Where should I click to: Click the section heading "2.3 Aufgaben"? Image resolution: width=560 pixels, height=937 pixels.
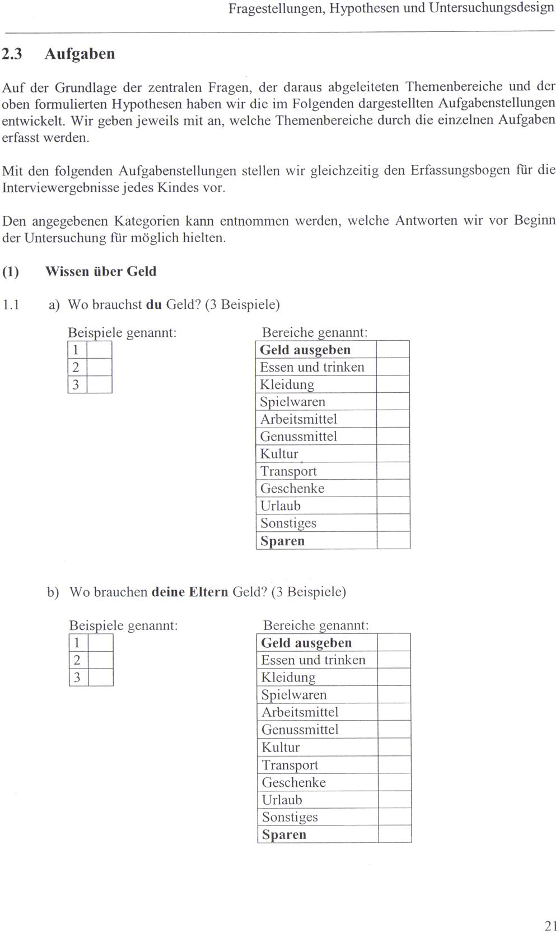(x=58, y=54)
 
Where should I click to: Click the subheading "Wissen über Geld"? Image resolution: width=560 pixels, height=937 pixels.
(x=101, y=272)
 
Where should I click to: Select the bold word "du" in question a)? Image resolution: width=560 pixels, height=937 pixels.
(x=153, y=305)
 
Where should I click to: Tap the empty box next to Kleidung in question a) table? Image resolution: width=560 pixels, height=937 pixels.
(x=393, y=384)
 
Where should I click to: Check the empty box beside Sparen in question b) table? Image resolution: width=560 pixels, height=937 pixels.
(x=394, y=834)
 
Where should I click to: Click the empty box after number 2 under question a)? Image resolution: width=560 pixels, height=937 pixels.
(x=99, y=367)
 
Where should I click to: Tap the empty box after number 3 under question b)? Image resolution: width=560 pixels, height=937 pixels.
(x=101, y=678)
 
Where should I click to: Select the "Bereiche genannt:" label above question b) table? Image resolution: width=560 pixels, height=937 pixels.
(x=316, y=625)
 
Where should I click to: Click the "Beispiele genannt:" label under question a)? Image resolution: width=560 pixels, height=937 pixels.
(x=122, y=333)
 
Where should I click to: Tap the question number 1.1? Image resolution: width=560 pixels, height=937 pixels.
(x=11, y=305)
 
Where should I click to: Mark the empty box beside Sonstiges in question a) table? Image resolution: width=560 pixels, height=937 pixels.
(x=393, y=523)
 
